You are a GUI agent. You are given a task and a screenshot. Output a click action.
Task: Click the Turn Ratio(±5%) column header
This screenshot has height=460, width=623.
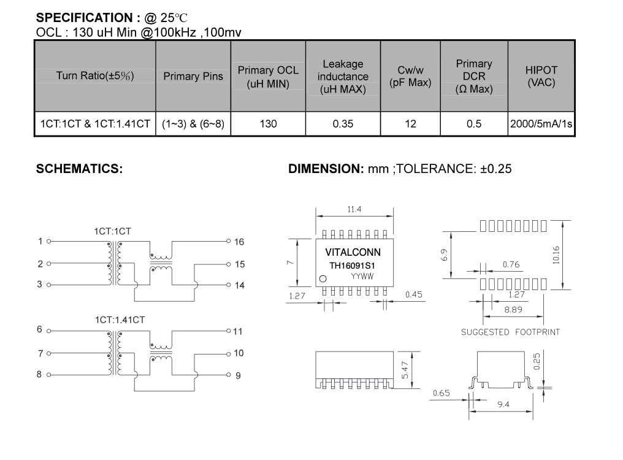(95, 75)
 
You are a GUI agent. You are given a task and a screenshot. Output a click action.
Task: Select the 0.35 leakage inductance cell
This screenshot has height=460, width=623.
(343, 124)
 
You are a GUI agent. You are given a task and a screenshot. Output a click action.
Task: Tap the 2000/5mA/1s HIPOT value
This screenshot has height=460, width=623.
(541, 124)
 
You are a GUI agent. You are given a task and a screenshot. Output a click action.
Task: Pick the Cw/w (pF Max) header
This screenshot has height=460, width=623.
(410, 76)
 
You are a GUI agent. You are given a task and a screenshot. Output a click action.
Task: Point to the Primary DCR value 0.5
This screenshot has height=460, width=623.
(474, 124)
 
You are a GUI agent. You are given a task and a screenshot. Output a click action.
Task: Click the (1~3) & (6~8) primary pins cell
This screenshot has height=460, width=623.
(193, 124)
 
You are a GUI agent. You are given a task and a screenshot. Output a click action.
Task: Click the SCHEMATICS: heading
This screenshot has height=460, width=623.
(80, 169)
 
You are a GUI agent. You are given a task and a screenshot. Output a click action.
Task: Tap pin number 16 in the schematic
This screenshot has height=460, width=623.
(239, 242)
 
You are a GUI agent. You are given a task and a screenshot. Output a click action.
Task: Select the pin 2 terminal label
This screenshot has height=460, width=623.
(40, 264)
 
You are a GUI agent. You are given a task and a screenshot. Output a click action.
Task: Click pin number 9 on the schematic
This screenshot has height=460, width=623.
(238, 376)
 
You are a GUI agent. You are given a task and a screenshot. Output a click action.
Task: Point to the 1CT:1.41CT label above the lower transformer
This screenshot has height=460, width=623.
(120, 320)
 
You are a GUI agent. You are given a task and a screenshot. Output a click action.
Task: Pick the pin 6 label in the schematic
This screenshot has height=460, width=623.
(39, 329)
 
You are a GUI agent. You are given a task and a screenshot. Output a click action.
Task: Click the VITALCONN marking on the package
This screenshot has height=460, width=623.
(353, 252)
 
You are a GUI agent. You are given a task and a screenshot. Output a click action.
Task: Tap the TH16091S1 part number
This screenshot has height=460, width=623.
(353, 266)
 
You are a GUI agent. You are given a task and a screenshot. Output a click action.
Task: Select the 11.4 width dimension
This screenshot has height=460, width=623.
(354, 209)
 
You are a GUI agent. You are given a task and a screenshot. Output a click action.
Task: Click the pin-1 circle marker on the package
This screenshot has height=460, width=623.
(323, 278)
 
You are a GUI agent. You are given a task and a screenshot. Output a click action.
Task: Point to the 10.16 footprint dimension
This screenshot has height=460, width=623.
(556, 255)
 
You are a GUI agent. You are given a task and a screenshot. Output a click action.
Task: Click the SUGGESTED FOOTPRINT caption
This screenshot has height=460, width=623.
(511, 332)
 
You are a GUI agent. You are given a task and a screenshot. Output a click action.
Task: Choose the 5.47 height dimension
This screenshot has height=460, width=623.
(405, 370)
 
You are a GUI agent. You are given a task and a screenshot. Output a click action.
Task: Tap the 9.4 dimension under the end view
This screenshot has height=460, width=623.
(503, 404)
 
